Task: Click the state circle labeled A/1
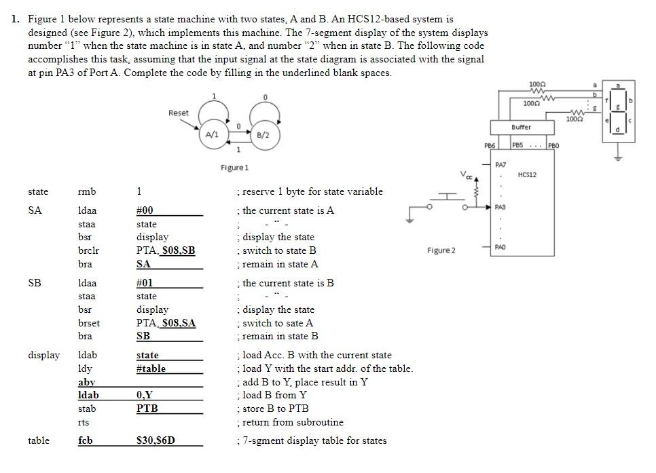tap(213, 135)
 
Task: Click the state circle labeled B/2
tap(263, 135)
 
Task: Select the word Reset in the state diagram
tap(179, 113)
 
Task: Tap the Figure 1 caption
tap(234, 167)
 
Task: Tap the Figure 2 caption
tap(441, 250)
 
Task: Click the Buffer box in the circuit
tap(521, 128)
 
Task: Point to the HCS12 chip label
tap(527, 175)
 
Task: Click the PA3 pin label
tap(500, 206)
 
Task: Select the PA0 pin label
tap(500, 248)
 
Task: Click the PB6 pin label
tap(490, 145)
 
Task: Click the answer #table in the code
tap(151, 368)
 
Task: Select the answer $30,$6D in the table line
tap(156, 440)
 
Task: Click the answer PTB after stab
tap(147, 409)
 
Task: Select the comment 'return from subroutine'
tap(293, 422)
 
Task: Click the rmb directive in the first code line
tap(87, 191)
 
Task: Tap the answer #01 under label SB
tap(145, 283)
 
